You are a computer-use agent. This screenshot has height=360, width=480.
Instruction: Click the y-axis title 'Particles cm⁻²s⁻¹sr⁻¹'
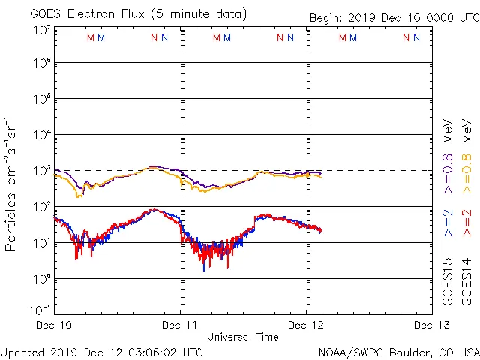click(11, 183)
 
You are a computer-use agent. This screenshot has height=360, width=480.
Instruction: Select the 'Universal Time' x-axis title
click(242, 337)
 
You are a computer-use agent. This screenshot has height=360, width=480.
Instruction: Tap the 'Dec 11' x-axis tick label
click(181, 326)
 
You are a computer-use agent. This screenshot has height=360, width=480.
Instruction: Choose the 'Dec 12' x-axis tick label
click(306, 326)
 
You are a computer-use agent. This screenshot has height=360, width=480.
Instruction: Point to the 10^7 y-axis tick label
click(40, 30)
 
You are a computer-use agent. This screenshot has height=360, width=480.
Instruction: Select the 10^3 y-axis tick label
click(40, 170)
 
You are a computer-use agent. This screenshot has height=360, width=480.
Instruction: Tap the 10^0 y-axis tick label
click(40, 278)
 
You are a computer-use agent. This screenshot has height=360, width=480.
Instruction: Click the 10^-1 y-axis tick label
click(40, 310)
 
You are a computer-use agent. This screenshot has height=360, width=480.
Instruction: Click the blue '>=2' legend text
click(448, 223)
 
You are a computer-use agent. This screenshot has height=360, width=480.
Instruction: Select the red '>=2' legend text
click(466, 223)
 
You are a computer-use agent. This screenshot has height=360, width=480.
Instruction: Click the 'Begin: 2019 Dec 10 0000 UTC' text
click(394, 18)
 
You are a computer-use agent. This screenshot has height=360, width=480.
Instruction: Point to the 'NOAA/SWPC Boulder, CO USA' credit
click(398, 352)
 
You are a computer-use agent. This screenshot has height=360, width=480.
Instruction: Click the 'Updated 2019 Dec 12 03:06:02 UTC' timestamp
click(102, 352)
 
